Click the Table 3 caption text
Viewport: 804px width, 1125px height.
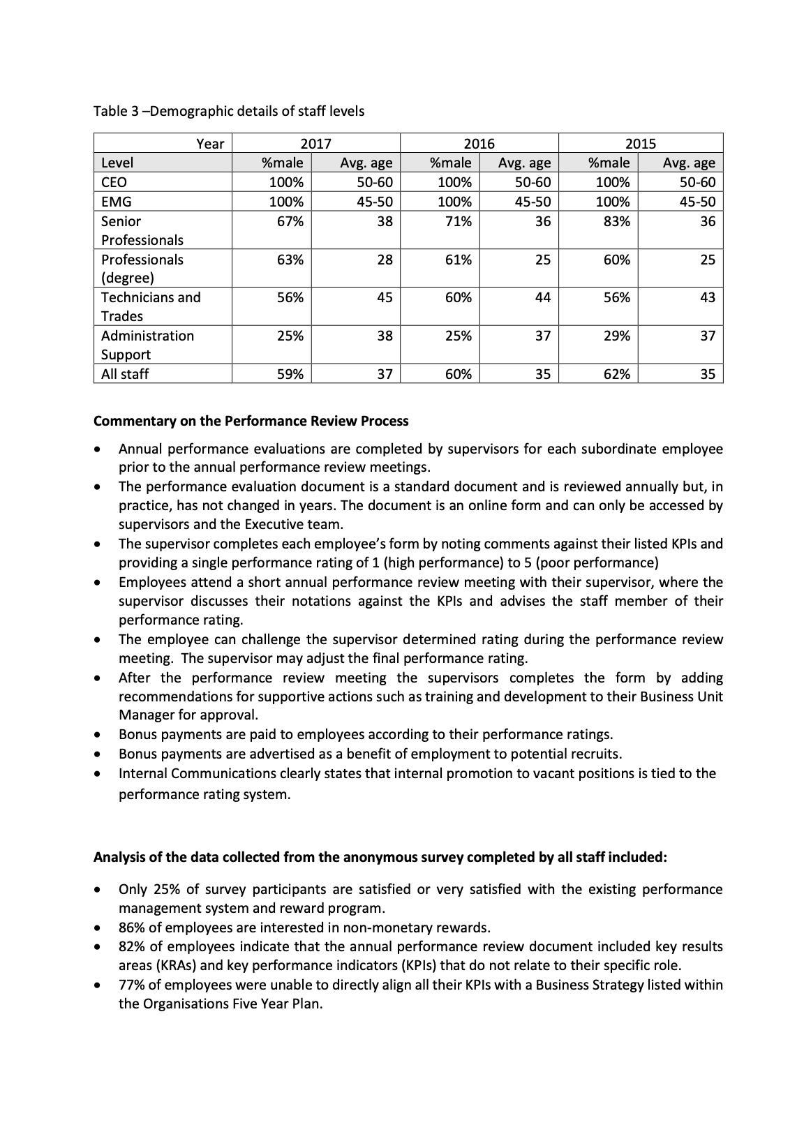(229, 111)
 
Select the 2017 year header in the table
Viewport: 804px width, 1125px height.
(315, 144)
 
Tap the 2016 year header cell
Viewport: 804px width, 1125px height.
(479, 144)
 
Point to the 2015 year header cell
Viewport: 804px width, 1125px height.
(640, 144)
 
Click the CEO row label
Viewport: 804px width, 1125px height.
(114, 183)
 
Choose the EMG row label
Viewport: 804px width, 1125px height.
(116, 202)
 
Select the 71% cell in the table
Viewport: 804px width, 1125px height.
(458, 221)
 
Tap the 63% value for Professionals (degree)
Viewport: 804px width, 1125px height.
(290, 260)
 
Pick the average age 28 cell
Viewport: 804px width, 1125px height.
(385, 260)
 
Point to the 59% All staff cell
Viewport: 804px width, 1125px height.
(290, 374)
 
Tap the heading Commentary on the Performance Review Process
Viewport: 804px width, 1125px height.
(251, 422)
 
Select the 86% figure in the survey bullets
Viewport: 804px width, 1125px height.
(132, 927)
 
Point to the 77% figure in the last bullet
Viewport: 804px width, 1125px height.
(132, 985)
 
